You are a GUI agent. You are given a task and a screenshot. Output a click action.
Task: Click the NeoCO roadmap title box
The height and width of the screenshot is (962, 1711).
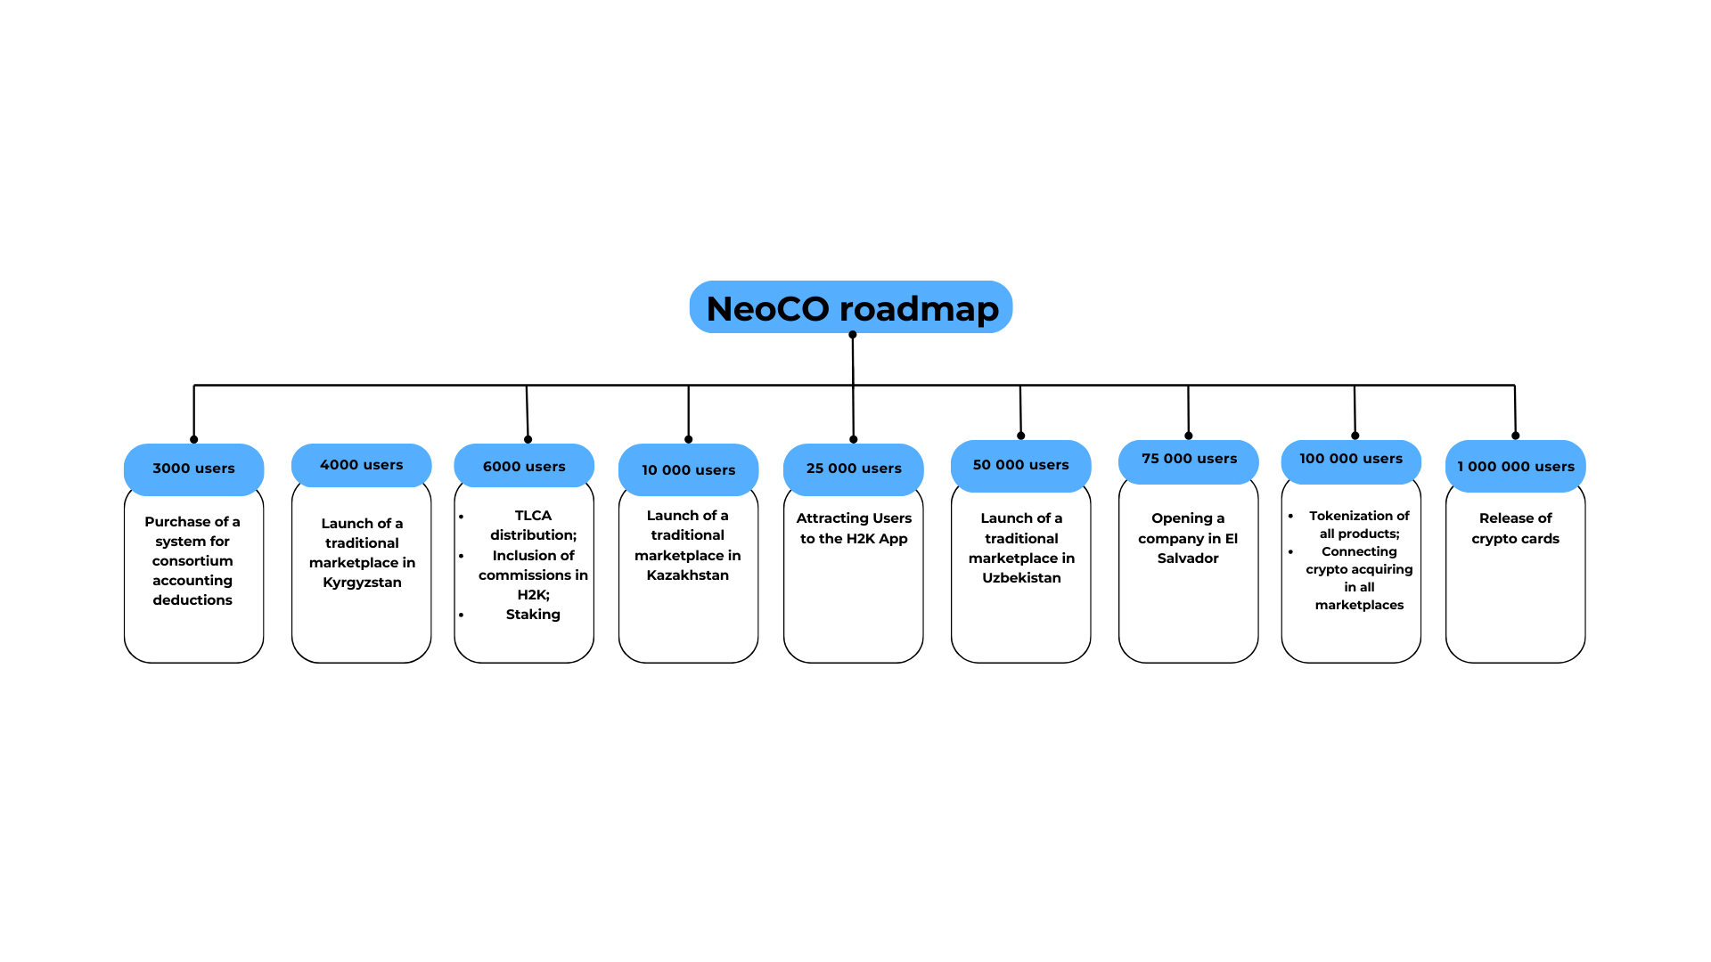(x=851, y=307)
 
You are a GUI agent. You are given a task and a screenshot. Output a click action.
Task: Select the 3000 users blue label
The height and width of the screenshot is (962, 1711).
(x=193, y=469)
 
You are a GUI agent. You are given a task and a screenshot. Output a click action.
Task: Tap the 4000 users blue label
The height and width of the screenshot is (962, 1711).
(x=361, y=465)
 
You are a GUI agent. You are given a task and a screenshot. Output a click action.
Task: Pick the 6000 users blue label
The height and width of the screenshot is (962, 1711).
(x=524, y=467)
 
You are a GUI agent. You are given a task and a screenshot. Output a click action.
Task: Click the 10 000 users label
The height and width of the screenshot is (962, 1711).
(x=688, y=470)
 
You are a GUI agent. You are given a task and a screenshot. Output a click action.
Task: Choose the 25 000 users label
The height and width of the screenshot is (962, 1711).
(x=854, y=469)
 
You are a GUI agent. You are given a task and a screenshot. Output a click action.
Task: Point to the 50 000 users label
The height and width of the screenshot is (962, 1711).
(x=1020, y=465)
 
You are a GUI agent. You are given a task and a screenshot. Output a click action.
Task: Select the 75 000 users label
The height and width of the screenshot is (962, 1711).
(x=1189, y=459)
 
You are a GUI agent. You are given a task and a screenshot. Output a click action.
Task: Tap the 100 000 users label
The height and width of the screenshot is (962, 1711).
(x=1350, y=459)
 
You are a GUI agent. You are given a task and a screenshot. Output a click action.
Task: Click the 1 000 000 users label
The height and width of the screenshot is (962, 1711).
(x=1515, y=467)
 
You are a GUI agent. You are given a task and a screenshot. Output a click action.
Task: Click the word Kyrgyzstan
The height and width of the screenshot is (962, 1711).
(x=362, y=583)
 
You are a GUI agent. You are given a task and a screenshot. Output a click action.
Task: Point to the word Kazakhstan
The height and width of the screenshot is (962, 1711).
(x=687, y=575)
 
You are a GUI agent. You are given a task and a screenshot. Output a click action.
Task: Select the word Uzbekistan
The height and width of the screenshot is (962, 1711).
(x=1021, y=578)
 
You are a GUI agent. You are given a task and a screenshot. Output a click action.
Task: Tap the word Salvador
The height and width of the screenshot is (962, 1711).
(x=1188, y=558)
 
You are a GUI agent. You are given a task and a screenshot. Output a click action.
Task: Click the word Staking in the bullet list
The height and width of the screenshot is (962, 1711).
(x=533, y=615)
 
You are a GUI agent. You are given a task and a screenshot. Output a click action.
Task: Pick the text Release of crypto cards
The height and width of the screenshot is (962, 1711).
(x=1515, y=528)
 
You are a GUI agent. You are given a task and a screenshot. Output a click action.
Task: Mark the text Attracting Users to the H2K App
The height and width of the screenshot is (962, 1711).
(x=854, y=528)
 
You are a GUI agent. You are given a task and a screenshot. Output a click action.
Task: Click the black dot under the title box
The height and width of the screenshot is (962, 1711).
(x=853, y=335)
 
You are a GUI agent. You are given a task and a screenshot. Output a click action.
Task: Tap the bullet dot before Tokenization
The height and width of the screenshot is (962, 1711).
(x=1290, y=516)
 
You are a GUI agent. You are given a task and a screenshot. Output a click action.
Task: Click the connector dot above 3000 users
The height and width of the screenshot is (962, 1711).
(x=193, y=439)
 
